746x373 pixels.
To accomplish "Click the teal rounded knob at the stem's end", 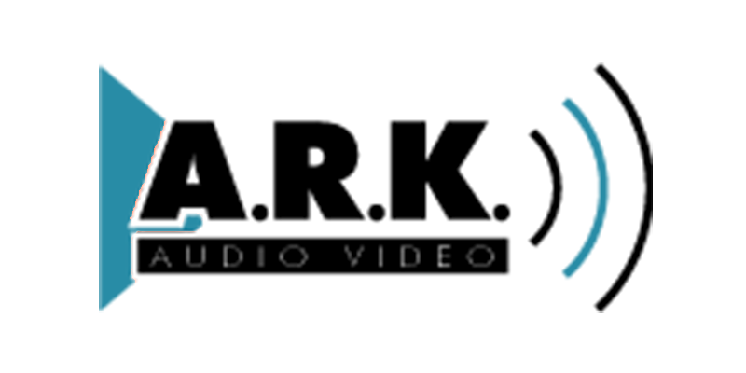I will [x=191, y=221].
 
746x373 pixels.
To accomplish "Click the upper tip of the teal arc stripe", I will [x=565, y=99].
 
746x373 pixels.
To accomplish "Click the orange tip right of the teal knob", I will [x=204, y=224].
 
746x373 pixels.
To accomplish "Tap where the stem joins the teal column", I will [x=131, y=228].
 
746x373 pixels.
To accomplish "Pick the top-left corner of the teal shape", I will [x=100, y=62].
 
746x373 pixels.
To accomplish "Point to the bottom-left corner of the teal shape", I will [x=100, y=311].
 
